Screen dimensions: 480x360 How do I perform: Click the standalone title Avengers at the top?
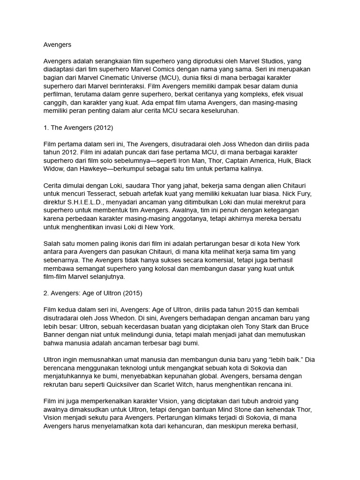(x=57, y=45)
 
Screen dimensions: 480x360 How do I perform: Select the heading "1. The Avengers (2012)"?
(x=78, y=127)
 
